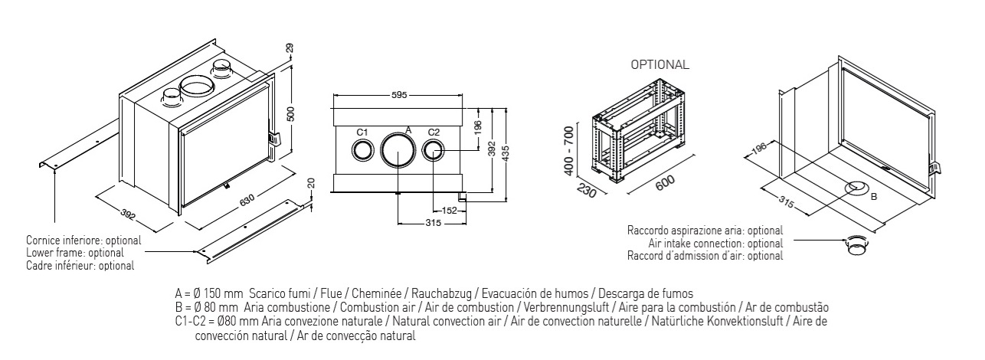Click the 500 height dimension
(x=290, y=113)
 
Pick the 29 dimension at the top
(x=290, y=48)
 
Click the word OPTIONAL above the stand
(x=659, y=65)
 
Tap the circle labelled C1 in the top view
(x=363, y=149)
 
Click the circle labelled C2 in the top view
(x=433, y=149)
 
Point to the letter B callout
(x=872, y=196)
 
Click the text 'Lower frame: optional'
(x=74, y=252)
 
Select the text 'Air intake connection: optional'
(x=715, y=244)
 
